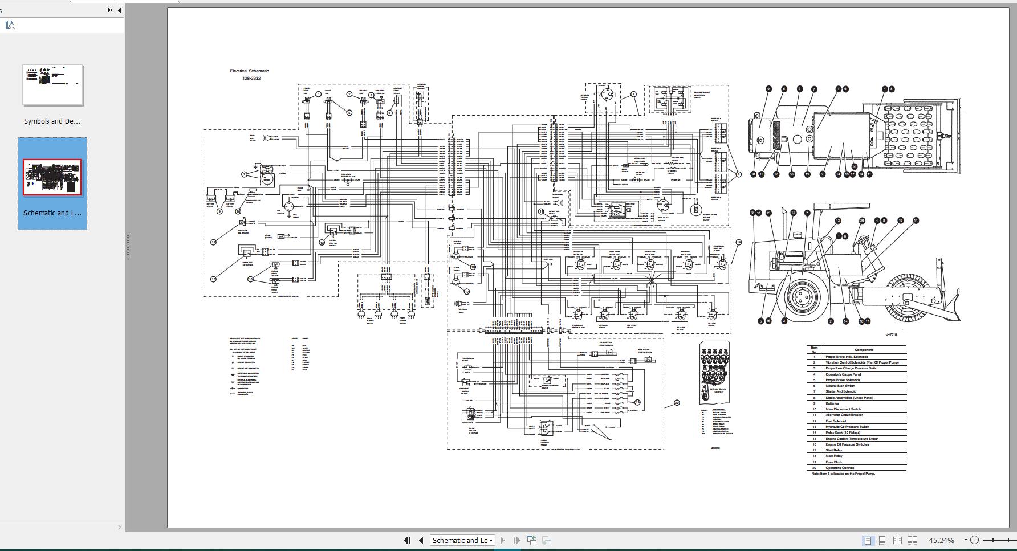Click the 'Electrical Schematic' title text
coord(249,71)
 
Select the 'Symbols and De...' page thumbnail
coord(52,85)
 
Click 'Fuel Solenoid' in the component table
coord(836,421)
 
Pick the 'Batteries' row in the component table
coord(832,403)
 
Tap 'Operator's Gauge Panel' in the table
coord(843,374)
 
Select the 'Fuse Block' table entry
coord(833,462)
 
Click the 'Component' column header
coord(864,350)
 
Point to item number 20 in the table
coord(815,468)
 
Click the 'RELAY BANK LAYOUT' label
coord(718,391)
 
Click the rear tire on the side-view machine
coord(802,296)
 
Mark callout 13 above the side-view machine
coord(838,221)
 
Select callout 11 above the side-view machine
coord(916,221)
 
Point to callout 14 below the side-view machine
coord(845,321)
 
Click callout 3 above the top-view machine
coord(800,89)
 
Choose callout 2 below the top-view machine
coord(822,174)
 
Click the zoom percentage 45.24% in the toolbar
coord(941,540)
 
